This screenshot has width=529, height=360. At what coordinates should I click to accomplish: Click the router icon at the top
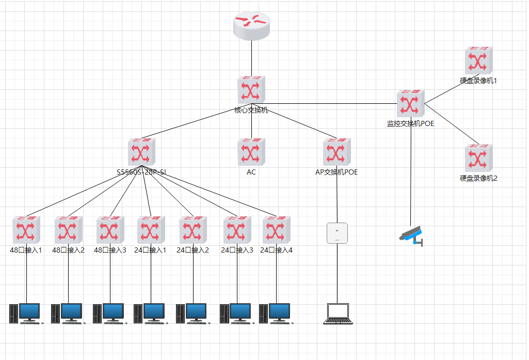tap(251, 26)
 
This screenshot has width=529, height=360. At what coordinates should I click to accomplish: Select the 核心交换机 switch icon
tap(251, 91)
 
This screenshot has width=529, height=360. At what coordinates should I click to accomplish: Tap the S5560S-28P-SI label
tap(141, 172)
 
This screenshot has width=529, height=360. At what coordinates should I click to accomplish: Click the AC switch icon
tap(251, 152)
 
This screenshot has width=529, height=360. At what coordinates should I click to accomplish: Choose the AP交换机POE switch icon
tap(336, 152)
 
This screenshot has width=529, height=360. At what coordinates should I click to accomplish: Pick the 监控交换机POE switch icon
tap(411, 104)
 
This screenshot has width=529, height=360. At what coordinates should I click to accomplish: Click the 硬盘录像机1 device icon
tap(478, 61)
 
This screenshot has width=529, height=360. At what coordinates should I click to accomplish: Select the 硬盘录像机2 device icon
tap(478, 158)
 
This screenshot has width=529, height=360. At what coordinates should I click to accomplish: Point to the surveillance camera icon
tap(412, 236)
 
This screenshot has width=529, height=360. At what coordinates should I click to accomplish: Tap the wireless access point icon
tap(337, 233)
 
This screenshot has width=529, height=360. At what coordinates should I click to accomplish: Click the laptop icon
tap(338, 314)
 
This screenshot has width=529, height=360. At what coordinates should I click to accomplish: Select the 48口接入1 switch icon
tap(26, 230)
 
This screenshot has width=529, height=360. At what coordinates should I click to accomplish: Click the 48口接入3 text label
tap(110, 251)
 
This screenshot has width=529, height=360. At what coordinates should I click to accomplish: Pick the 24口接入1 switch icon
tap(151, 230)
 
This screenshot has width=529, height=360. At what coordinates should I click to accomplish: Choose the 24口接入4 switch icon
tap(276, 230)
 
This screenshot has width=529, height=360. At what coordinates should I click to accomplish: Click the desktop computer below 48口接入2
tap(68, 313)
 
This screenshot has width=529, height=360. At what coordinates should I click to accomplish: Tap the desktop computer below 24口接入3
tap(236, 313)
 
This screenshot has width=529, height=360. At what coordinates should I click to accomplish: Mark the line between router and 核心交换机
tap(251, 58)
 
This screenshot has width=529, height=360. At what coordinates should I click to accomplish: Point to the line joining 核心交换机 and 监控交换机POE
tap(330, 104)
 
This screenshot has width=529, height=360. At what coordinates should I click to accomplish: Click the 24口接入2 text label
tap(193, 251)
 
